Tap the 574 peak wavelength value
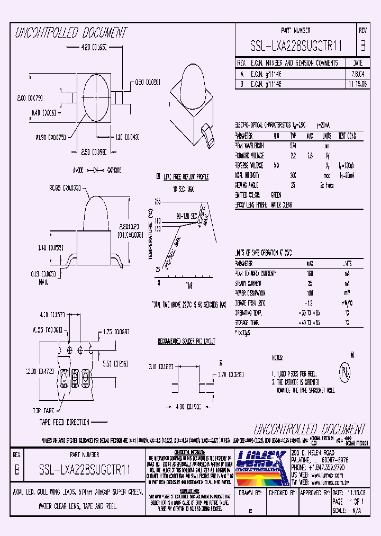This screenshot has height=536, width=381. [293, 145]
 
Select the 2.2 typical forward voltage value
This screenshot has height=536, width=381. [293, 155]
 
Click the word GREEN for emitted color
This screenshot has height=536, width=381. [276, 195]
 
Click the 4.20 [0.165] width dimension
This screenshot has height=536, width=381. [86, 48]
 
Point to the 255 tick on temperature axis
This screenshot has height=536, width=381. [157, 202]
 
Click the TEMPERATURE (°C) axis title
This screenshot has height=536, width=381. [151, 242]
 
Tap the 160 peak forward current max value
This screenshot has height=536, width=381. [310, 274]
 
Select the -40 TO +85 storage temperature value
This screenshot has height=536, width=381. [310, 323]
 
